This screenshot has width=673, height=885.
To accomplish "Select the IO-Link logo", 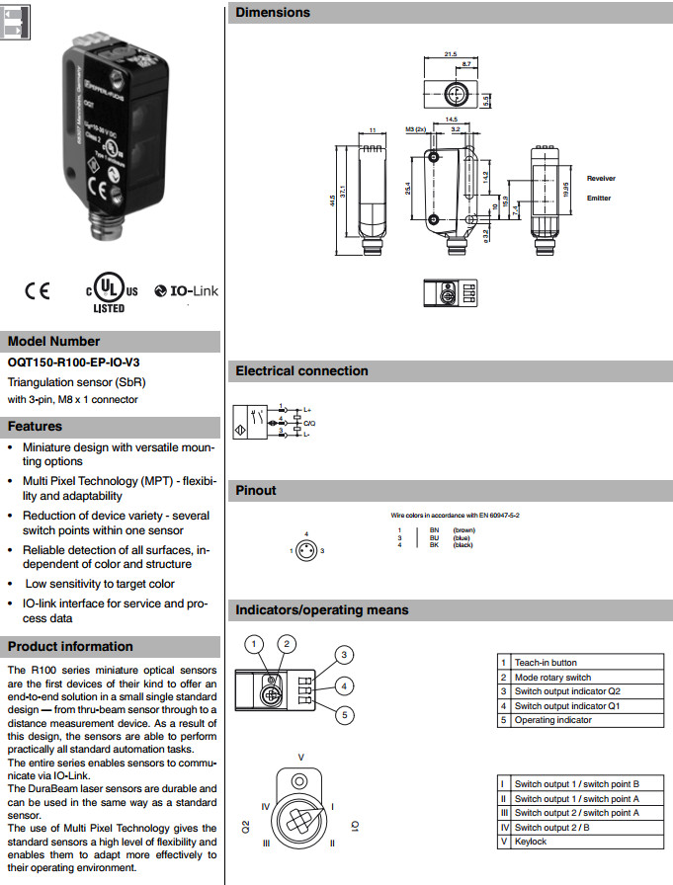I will point(187,291).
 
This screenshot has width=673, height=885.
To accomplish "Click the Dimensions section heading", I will point(273,13).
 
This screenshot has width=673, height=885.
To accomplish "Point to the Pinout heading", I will point(256,491).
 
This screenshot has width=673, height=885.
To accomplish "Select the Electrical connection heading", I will point(301,371).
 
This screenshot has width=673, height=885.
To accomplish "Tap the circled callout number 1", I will point(255,644).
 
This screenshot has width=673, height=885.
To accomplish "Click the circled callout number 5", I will point(344,714).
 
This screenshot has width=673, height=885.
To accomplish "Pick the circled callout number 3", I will point(344,654).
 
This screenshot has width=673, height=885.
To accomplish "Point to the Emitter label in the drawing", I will point(599,199).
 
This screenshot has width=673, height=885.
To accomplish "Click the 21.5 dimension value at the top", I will point(451,54).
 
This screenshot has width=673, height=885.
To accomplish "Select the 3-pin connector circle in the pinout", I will point(307,550).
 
